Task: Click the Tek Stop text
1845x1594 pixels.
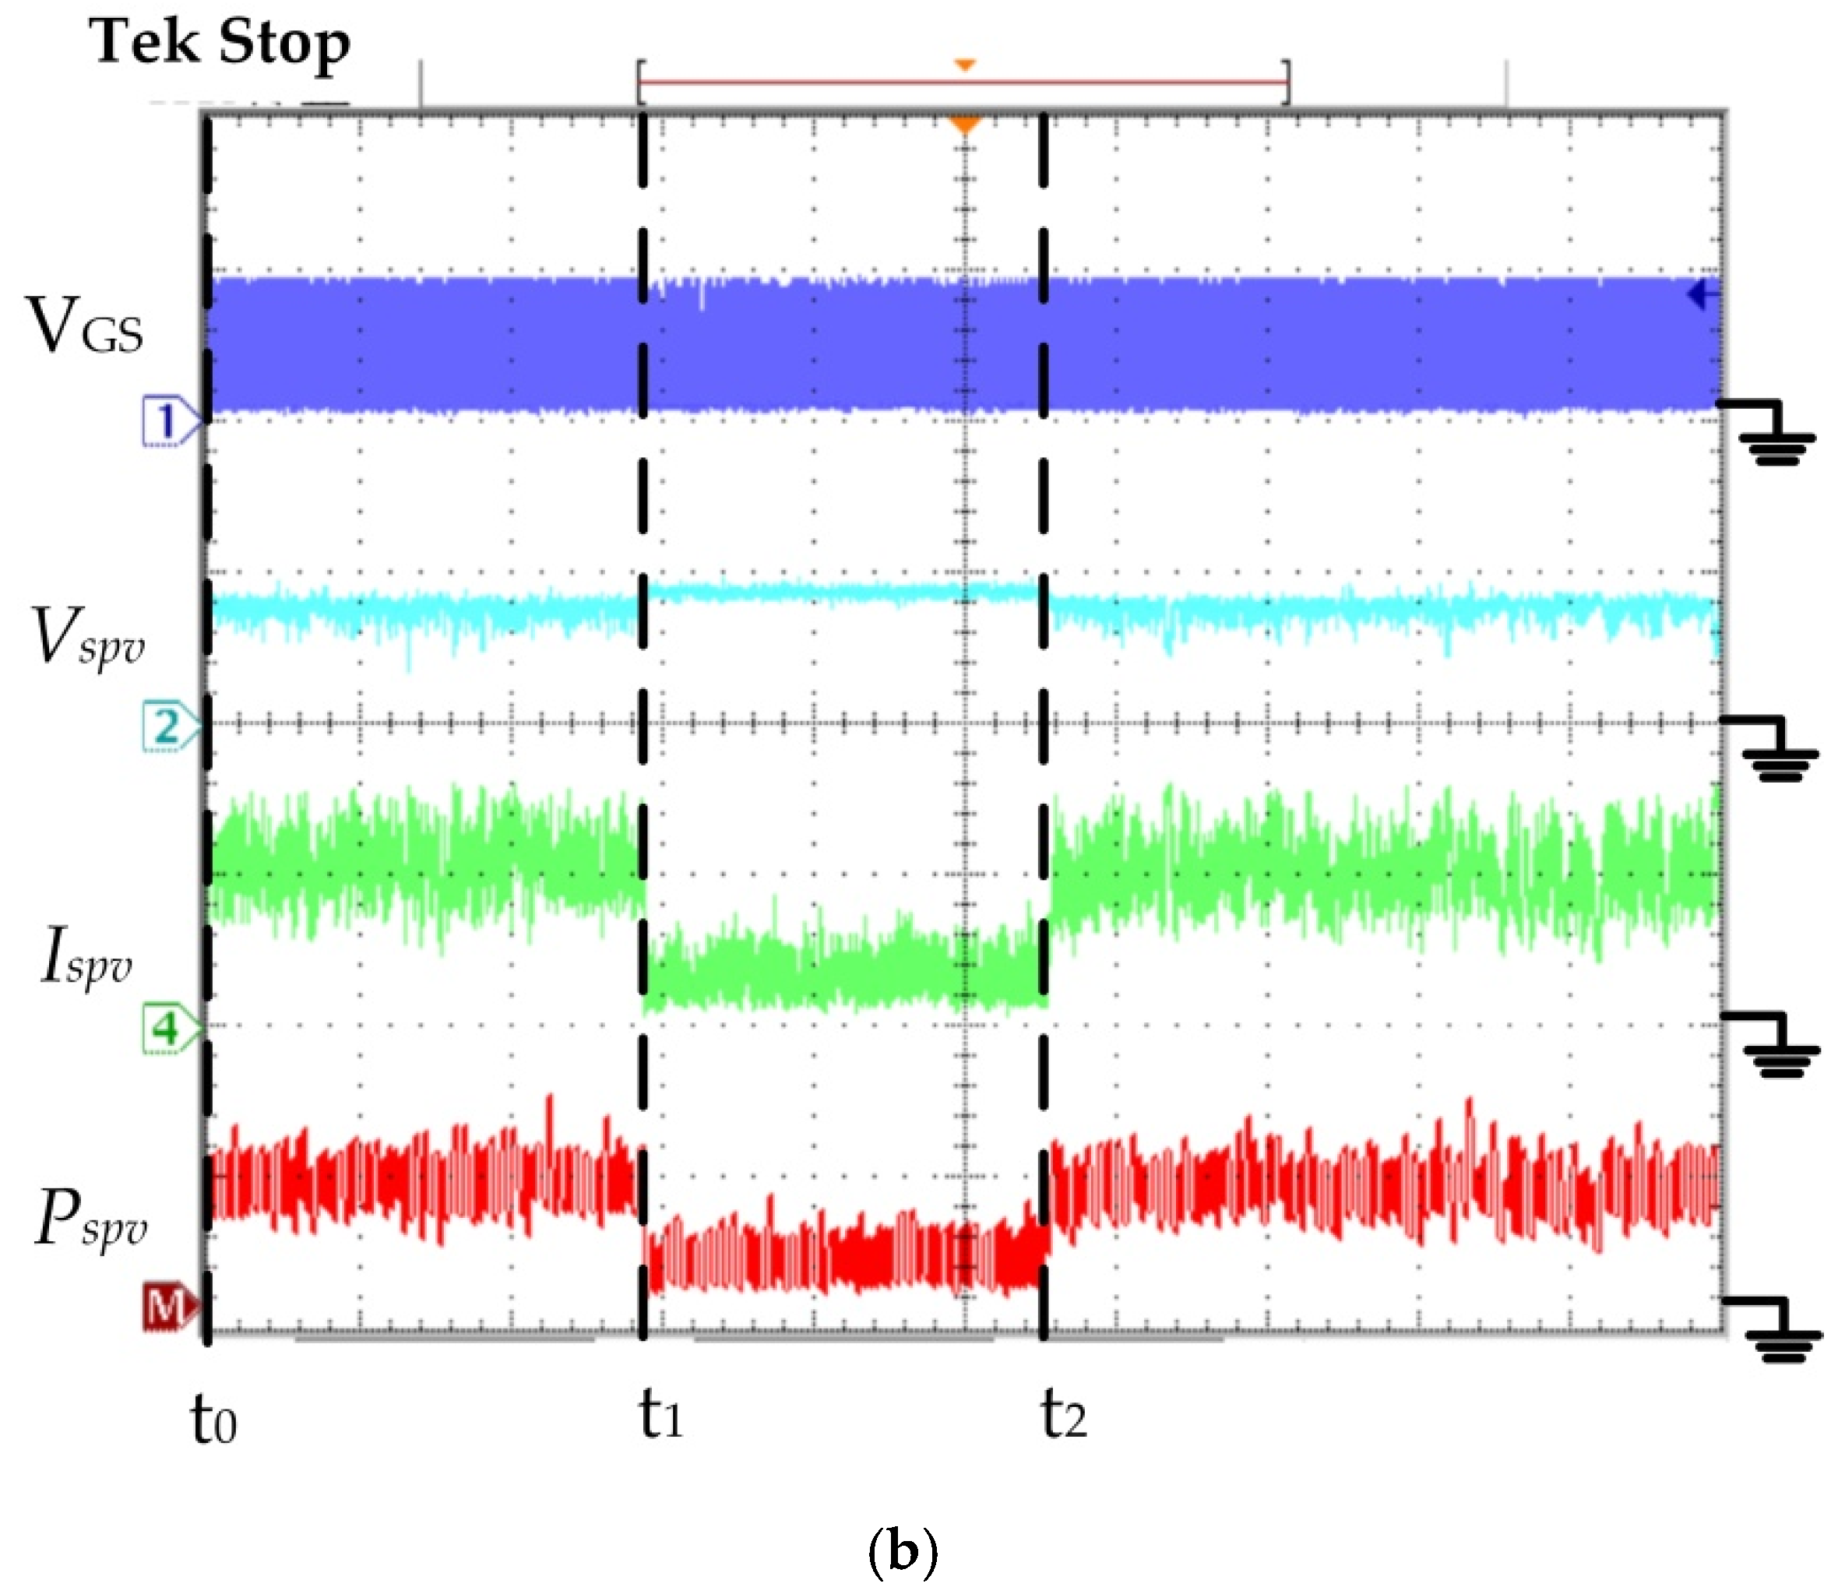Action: [x=219, y=43]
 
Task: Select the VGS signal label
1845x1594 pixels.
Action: [x=86, y=327]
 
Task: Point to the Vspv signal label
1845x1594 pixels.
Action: [x=86, y=636]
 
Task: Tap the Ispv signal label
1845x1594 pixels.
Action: [x=86, y=956]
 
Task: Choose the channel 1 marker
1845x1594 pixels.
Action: [x=169, y=420]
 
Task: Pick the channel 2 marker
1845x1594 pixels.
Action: [x=169, y=727]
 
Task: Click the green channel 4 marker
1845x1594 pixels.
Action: [x=169, y=1029]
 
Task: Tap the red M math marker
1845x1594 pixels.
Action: [x=169, y=1307]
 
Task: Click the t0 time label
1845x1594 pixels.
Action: [x=213, y=1420]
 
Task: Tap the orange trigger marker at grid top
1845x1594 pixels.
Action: [x=965, y=124]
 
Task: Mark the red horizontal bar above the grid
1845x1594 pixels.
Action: [x=963, y=83]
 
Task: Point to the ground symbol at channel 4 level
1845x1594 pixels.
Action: [x=1777, y=1047]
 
